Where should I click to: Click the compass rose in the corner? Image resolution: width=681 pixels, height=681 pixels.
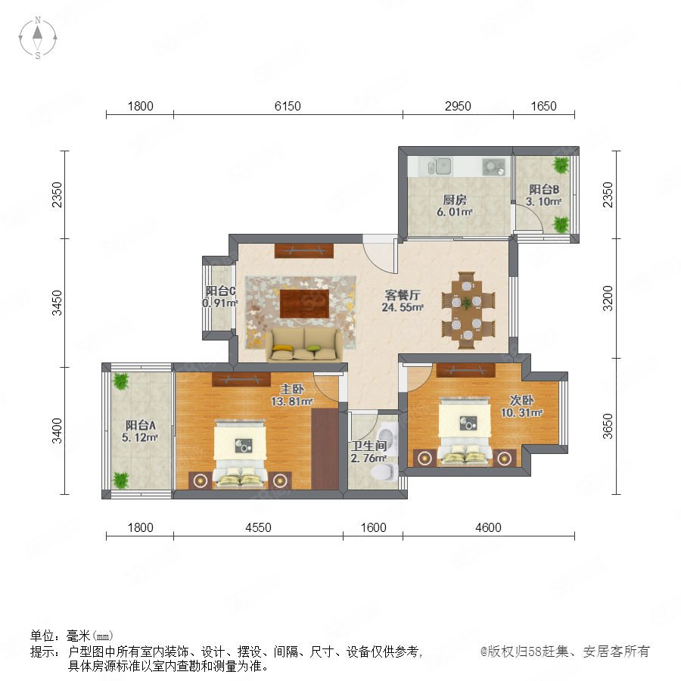pos(38,38)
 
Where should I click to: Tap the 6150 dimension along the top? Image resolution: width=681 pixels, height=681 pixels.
pos(288,106)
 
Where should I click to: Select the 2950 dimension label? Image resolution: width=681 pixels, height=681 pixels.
pos(458,106)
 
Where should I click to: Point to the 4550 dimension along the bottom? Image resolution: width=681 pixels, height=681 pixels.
pos(259,527)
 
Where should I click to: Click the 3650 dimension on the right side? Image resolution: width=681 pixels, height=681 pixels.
pos(608,426)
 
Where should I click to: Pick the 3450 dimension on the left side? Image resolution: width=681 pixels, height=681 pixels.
pos(58,303)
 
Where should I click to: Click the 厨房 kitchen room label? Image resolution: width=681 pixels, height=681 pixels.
pos(455,200)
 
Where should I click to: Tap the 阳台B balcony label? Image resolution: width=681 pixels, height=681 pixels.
pos(544,189)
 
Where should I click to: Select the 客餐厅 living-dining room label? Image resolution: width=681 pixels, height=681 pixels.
pos(403,295)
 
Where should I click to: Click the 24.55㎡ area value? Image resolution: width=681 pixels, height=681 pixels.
pos(403,307)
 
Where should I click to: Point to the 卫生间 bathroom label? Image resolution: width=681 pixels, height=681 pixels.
pos(368,446)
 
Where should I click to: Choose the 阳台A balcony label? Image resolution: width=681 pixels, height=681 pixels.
pos(140,425)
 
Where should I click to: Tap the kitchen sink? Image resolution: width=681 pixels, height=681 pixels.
pos(440,166)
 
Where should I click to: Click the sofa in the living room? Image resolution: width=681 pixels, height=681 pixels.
pos(304,344)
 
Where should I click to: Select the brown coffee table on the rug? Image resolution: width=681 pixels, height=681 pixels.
pos(304,303)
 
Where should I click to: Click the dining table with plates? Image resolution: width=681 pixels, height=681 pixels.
pos(467,310)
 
